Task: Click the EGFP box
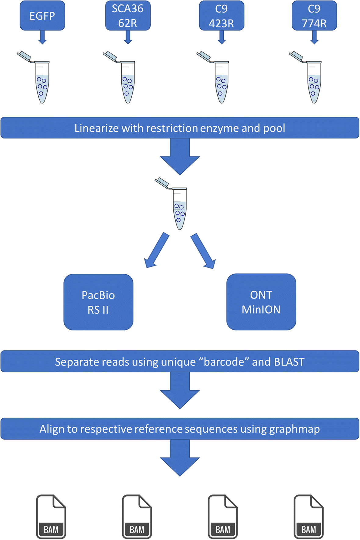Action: click(42, 16)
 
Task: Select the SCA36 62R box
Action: click(128, 16)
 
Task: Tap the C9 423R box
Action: click(221, 16)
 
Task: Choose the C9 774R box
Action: click(314, 16)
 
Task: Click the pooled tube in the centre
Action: click(179, 207)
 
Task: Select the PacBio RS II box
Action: click(98, 302)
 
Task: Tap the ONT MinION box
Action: click(261, 302)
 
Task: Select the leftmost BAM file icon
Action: click(51, 517)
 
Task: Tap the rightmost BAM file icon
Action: click(308, 517)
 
